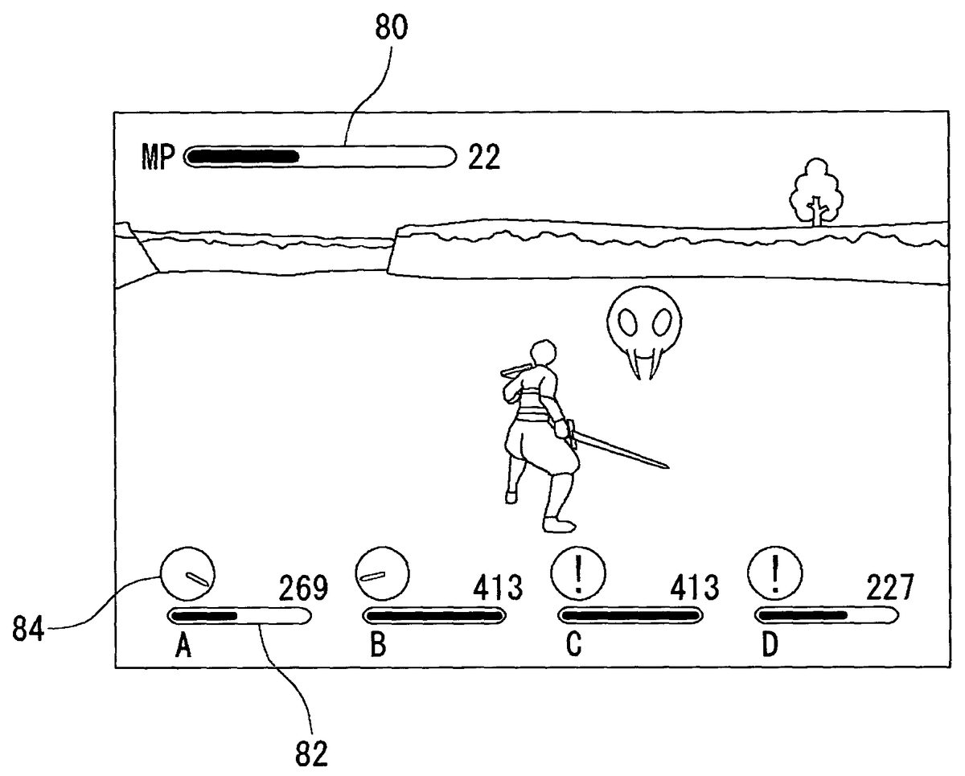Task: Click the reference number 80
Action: [391, 29]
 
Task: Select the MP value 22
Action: [483, 157]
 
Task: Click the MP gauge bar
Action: [320, 156]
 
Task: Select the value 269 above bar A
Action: [303, 589]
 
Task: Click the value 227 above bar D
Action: [889, 589]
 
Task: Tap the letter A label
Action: [183, 647]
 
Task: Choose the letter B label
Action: [378, 647]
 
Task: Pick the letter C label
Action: [573, 647]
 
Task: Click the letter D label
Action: [770, 647]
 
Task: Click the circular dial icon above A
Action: [187, 573]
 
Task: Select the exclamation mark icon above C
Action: [577, 573]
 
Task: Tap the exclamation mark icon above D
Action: [774, 573]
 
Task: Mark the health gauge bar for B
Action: [434, 616]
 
